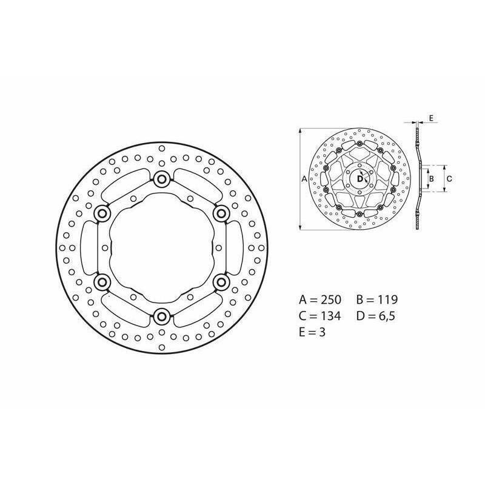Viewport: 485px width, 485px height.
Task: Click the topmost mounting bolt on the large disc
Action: point(161,178)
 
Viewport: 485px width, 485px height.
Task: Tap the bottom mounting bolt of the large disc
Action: point(161,316)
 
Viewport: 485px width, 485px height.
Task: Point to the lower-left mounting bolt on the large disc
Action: point(101,282)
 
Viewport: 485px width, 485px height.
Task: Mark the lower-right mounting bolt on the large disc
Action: point(221,282)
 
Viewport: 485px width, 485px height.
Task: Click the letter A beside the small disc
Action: point(304,179)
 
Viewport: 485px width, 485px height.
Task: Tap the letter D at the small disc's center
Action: point(360,179)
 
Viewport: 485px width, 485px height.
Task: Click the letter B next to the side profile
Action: point(431,179)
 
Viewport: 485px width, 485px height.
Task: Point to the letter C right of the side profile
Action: point(449,179)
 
